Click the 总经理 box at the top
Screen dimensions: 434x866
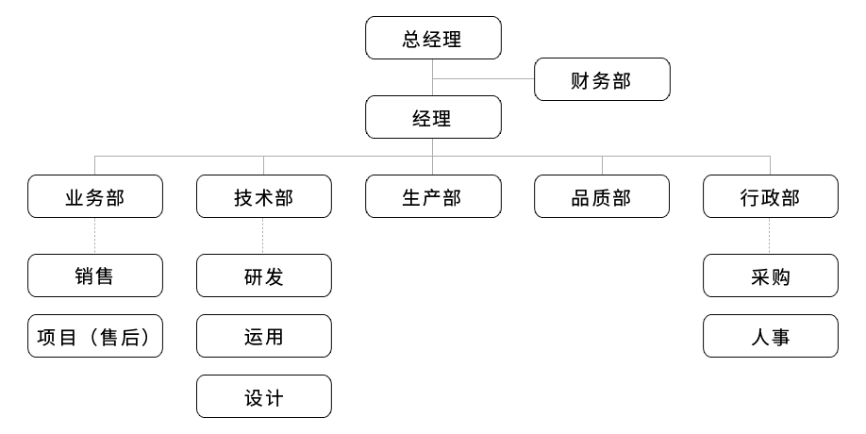(x=433, y=39)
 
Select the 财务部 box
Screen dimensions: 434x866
(x=602, y=79)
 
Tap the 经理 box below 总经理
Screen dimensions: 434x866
(x=433, y=119)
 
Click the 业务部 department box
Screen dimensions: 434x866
(x=95, y=196)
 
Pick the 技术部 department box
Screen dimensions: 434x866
(x=264, y=196)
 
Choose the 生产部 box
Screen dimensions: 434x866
(x=433, y=196)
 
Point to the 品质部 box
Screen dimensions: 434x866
(x=602, y=196)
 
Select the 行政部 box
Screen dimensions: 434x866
(x=770, y=196)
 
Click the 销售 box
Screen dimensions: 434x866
(x=95, y=275)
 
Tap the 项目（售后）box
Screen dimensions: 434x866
(x=95, y=336)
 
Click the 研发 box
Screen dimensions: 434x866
(x=264, y=275)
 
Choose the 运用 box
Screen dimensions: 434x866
(x=264, y=336)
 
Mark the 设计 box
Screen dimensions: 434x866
(x=264, y=396)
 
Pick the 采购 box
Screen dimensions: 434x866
(x=770, y=275)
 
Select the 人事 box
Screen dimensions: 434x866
(x=770, y=336)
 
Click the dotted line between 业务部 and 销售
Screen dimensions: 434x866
(x=95, y=236)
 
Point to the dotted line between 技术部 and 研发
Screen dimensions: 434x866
(x=264, y=236)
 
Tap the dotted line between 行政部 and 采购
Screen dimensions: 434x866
(x=770, y=236)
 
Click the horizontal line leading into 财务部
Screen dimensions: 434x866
(x=483, y=78)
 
